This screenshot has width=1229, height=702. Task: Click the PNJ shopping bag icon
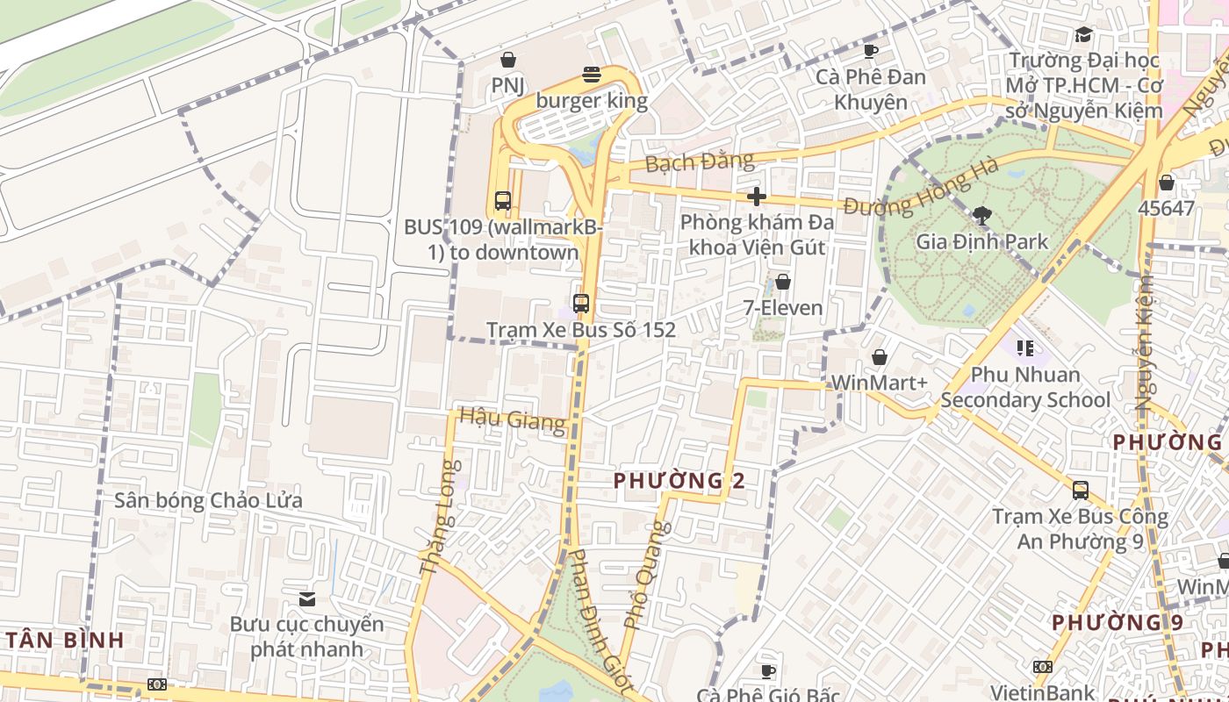[507, 60]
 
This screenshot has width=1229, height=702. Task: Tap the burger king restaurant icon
[592, 75]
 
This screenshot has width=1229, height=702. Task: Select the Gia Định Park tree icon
[981, 215]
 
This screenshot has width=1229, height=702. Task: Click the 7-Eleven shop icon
[782, 282]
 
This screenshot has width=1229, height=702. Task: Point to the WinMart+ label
[879, 383]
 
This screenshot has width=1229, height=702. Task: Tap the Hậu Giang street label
[512, 419]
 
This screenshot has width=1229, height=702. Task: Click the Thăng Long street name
[439, 519]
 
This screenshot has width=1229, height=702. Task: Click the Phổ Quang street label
[647, 575]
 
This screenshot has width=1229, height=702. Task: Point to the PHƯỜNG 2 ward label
[679, 480]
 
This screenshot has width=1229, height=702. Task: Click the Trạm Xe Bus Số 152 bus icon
[580, 304]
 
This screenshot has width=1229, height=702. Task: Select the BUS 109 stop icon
[502, 201]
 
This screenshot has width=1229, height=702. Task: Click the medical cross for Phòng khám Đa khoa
[756, 197]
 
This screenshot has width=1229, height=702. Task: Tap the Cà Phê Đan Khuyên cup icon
[870, 51]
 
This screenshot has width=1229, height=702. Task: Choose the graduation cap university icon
[1083, 35]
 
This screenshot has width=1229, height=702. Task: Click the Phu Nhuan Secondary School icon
[1024, 348]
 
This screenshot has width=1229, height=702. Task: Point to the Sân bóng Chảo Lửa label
[208, 500]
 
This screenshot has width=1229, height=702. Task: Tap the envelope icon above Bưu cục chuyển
[306, 598]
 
